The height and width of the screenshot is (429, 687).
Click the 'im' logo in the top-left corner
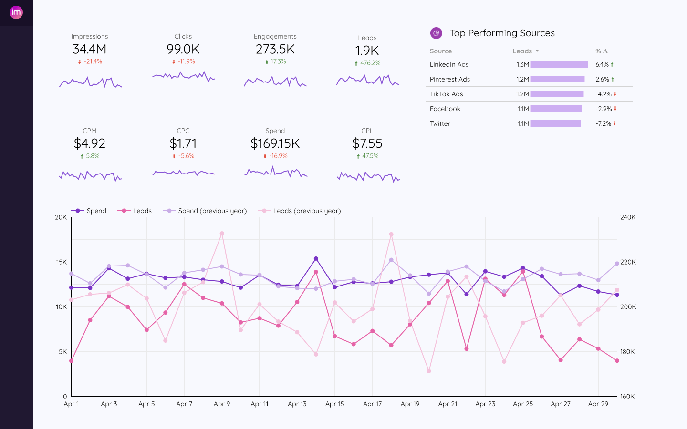[x=16, y=12]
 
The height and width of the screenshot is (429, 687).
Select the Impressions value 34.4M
[x=90, y=49]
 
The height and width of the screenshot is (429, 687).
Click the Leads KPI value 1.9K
[x=367, y=51]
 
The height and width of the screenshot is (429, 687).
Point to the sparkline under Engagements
[x=275, y=82]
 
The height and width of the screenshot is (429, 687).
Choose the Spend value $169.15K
[x=275, y=143]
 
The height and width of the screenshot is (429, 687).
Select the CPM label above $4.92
[x=90, y=131]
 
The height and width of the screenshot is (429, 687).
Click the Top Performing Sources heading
[x=502, y=33]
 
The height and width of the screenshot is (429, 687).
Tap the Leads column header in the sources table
[x=522, y=51]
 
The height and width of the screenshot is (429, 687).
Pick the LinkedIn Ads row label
[x=449, y=64]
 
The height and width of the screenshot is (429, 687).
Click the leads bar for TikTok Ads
[x=557, y=94]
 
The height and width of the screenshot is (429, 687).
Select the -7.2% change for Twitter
[x=604, y=123]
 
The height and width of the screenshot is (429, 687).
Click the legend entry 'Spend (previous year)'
[x=212, y=211]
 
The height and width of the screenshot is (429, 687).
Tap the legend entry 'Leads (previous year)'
[x=307, y=211]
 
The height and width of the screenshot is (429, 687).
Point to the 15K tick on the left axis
[x=61, y=262]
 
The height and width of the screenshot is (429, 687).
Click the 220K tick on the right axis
[x=628, y=262]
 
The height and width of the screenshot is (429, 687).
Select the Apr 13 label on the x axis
[x=297, y=404]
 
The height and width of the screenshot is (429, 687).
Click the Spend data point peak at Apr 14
[x=316, y=259]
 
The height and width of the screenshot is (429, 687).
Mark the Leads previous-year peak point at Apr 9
[x=222, y=234]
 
